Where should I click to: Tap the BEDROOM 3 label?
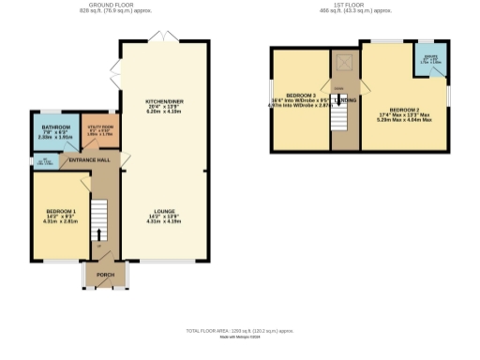(300, 97)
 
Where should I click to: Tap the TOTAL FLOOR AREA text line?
(239, 331)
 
